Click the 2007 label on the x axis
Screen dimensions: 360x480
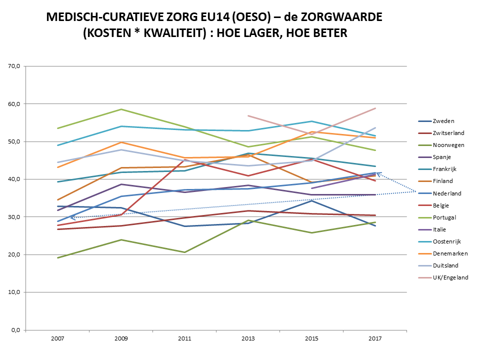[57, 338]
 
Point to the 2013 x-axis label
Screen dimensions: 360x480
[248, 338]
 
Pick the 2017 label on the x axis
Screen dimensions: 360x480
[375, 338]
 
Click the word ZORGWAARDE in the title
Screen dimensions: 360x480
[332, 17]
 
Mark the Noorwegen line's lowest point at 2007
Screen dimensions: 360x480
[57, 257]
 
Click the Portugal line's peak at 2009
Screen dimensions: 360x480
[121, 109]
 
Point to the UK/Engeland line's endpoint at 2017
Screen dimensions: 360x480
[375, 108]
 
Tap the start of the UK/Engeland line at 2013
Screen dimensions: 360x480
[248, 115]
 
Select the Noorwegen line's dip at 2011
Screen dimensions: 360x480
[184, 252]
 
